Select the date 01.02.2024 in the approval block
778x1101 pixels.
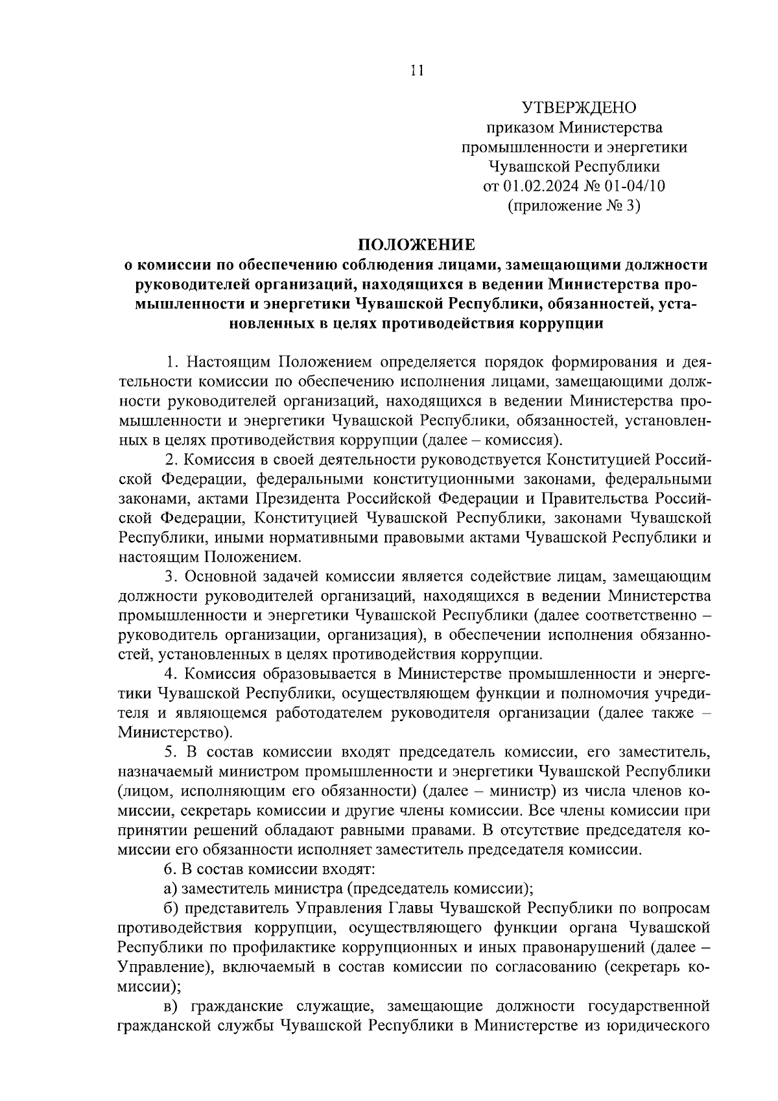click(540, 186)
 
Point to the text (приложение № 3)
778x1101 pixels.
click(574, 206)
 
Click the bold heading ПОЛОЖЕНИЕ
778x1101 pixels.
click(416, 245)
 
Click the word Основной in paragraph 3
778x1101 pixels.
click(217, 576)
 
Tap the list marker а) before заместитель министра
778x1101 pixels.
click(171, 889)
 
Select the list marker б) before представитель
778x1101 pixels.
click(171, 908)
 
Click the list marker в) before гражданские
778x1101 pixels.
click(171, 1006)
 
